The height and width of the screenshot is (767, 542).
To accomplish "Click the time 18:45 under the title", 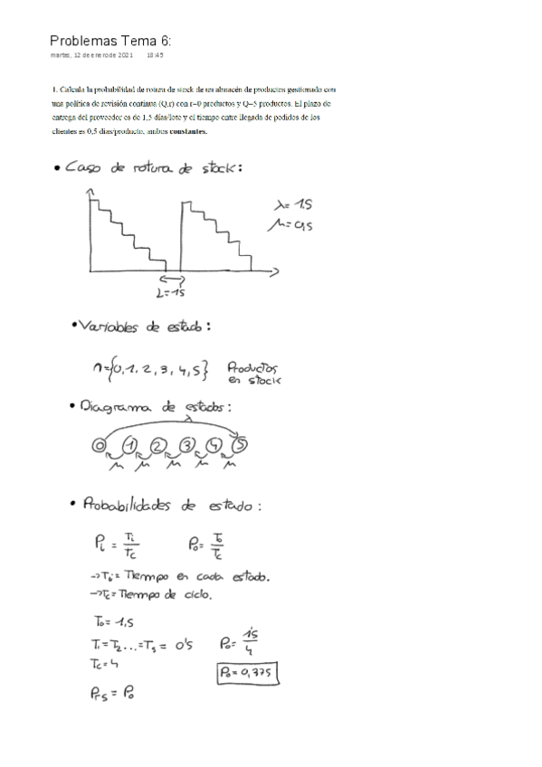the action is (x=155, y=55).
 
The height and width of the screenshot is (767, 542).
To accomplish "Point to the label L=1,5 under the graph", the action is (x=170, y=292).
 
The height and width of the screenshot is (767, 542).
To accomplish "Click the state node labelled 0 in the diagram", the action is (x=98, y=445).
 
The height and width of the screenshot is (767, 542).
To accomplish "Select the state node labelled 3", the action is (x=187, y=445).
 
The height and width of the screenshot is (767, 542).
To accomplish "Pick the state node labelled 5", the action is (x=242, y=444).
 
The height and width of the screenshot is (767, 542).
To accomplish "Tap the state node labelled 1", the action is (x=131, y=445).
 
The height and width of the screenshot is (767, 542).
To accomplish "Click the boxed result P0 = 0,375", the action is (x=245, y=673).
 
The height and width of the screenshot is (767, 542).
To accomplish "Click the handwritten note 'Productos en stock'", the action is (x=253, y=374).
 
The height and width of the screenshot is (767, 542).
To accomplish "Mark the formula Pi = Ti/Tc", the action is (x=123, y=545).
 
